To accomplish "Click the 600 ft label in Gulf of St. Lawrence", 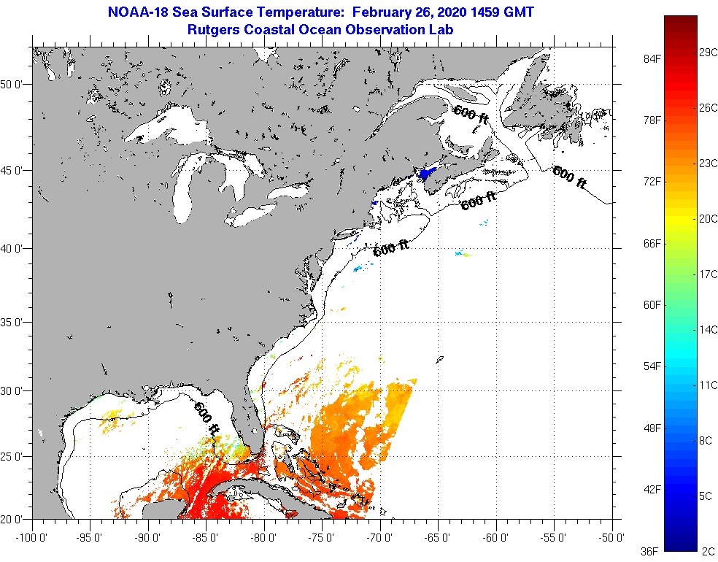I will click(471, 114).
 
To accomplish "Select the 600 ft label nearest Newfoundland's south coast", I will click(569, 177).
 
